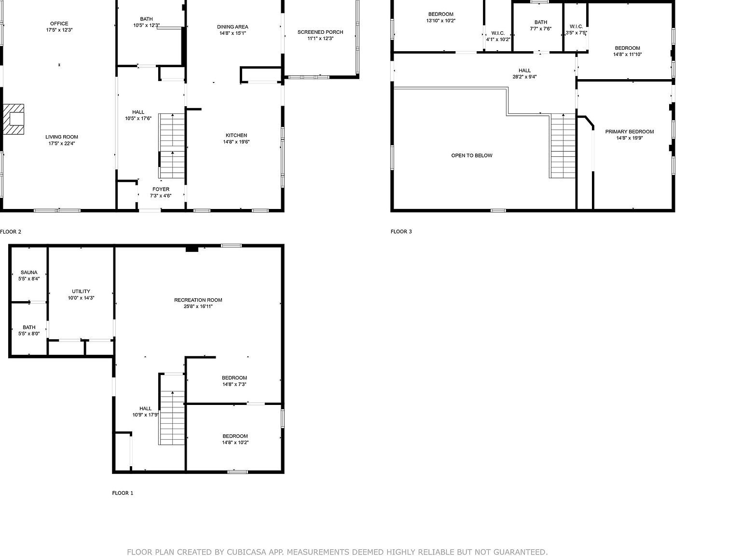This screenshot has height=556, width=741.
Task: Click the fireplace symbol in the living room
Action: click(14, 119)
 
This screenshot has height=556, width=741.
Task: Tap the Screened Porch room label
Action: click(320, 32)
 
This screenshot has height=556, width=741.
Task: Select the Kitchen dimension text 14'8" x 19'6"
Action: click(236, 142)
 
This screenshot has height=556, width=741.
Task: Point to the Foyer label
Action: click(161, 189)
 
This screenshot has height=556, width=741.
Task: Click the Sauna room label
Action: click(29, 272)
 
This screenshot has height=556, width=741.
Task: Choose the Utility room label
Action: click(81, 292)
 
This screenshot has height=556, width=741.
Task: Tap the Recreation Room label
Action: click(198, 300)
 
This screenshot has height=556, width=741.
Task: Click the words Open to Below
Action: click(472, 155)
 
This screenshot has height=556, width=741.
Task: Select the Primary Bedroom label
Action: click(630, 132)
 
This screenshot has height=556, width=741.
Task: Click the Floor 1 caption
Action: click(123, 493)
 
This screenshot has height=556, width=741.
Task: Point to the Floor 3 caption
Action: click(401, 232)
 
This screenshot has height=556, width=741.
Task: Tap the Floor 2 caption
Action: click(11, 232)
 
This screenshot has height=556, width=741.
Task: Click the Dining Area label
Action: click(233, 27)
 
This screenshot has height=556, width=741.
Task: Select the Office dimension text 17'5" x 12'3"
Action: click(59, 30)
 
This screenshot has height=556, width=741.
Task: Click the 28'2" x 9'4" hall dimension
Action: click(525, 77)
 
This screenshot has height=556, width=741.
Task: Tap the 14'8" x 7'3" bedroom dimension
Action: click(234, 385)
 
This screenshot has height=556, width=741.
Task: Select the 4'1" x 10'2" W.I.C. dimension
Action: click(498, 40)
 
